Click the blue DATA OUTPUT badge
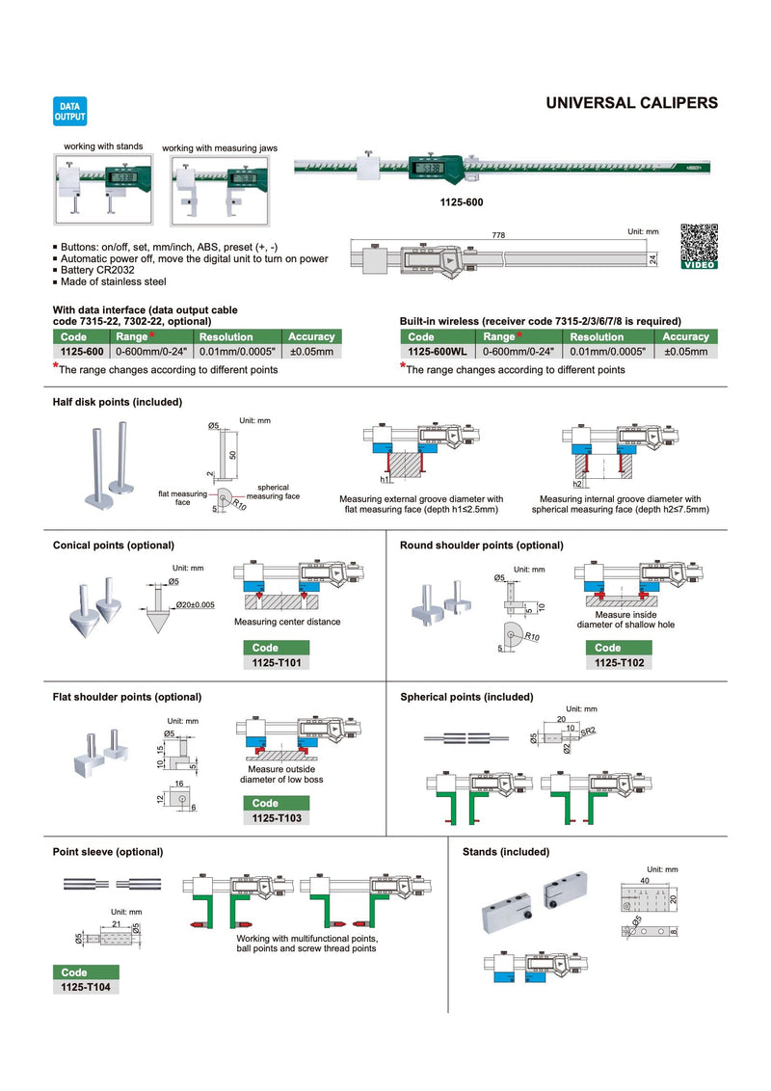pos(68,111)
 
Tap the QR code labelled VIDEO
pos(699,246)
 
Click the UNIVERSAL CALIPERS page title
pos(631,102)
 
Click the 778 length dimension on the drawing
pos(497,234)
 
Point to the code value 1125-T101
pos(277,663)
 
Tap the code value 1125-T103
pos(277,818)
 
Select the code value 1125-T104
pos(86,988)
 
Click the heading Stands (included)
pos(506,852)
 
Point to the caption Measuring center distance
pos(287,622)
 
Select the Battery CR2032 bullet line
pos(103,271)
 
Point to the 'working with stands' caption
pos(103,146)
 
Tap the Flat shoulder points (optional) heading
pos(127,696)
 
